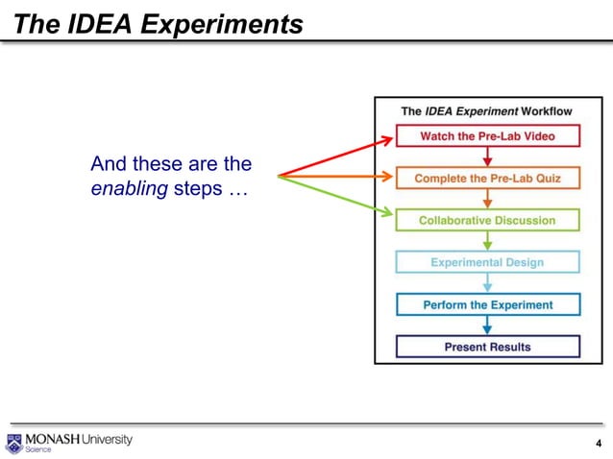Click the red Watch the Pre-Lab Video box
pos(487,136)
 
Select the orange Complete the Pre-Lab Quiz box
pos(487,179)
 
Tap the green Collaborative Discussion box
pos(487,221)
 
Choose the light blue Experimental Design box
pos(487,262)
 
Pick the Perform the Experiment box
pos(487,304)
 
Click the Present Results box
pos(487,347)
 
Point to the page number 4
pos(599,444)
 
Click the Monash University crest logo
pos(13,444)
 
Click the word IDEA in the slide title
pos(98,23)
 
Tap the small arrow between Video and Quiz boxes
pos(487,157)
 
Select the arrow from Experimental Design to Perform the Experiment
pos(487,283)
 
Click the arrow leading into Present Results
pos(487,326)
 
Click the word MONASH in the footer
pos(53,439)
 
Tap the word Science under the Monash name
pos(38,450)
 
